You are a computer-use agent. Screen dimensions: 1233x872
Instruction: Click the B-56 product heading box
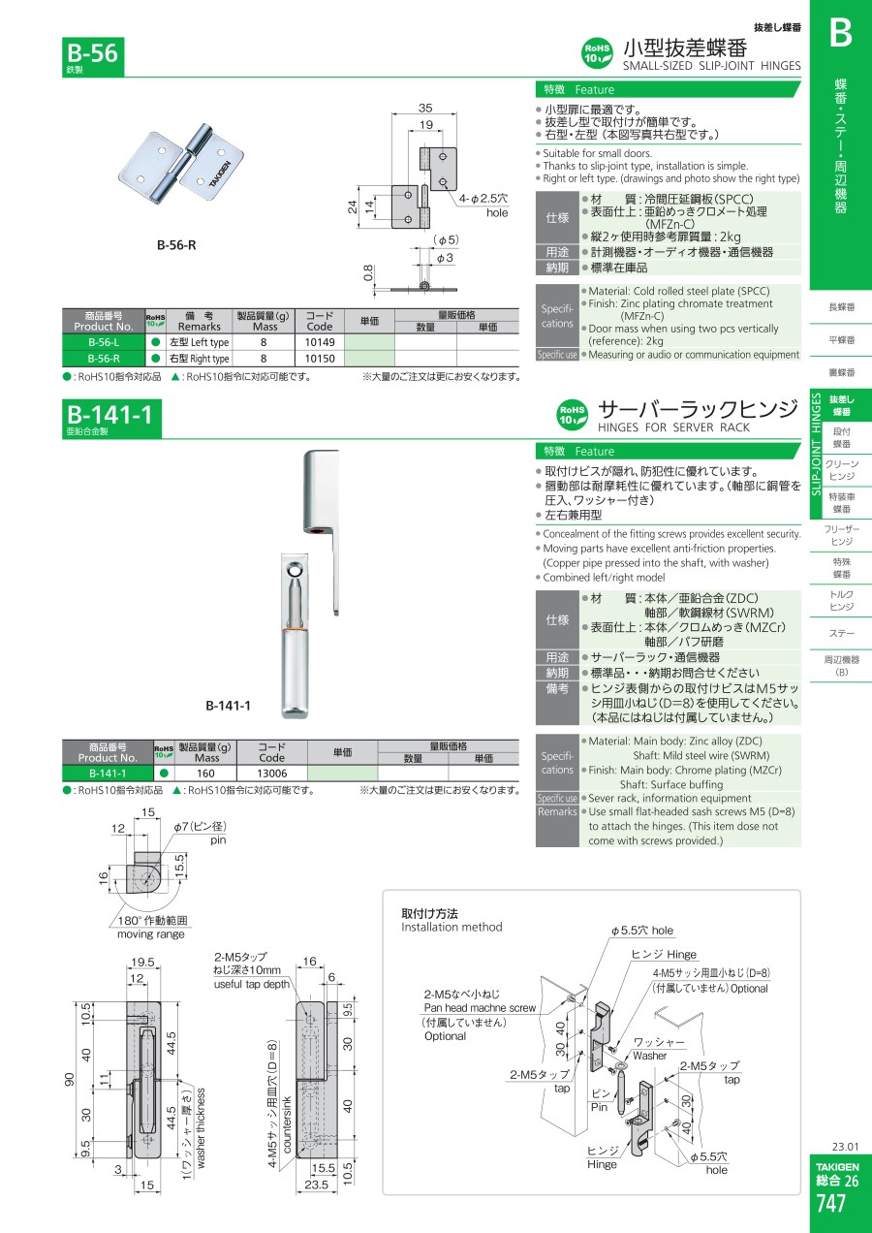(93, 53)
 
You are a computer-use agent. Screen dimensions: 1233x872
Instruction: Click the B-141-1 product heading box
(108, 417)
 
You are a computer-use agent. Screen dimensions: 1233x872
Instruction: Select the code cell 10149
(320, 342)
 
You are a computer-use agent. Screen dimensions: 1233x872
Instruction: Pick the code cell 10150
(320, 359)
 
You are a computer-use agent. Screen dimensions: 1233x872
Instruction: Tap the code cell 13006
(272, 773)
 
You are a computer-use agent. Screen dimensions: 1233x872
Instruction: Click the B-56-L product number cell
(103, 342)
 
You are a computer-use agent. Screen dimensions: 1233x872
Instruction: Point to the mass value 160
(206, 773)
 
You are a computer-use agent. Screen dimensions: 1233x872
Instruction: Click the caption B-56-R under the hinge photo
(176, 245)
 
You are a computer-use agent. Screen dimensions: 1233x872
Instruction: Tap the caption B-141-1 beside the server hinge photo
(228, 706)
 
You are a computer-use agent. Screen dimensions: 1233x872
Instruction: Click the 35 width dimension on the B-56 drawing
(424, 109)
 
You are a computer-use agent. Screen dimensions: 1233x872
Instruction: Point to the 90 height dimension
(70, 1080)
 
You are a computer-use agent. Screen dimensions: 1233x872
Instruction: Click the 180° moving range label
(148, 921)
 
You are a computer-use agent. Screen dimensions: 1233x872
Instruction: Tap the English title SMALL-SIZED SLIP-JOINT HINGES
(711, 66)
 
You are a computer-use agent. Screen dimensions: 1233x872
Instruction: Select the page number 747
(831, 1203)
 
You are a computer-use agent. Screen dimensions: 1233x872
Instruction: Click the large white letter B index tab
(839, 34)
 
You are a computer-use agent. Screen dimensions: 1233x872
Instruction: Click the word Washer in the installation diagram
(650, 1056)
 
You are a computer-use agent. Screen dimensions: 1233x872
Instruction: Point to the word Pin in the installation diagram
(600, 1106)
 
